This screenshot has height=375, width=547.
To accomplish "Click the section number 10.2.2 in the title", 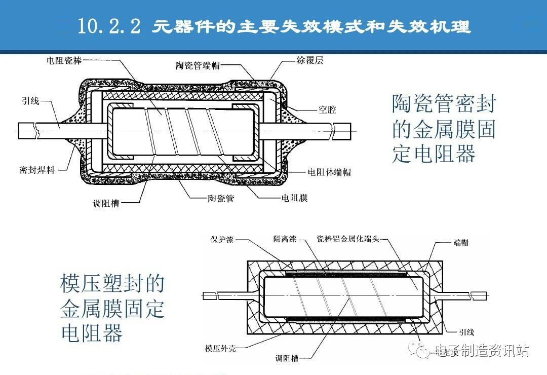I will pos(109,26).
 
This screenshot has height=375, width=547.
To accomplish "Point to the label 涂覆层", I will pos(309,60).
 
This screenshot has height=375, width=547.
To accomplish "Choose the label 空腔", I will pos(327,110).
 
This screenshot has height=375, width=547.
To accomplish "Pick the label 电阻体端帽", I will pos(329,172).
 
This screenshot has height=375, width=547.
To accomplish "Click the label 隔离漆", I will pos(285,239).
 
